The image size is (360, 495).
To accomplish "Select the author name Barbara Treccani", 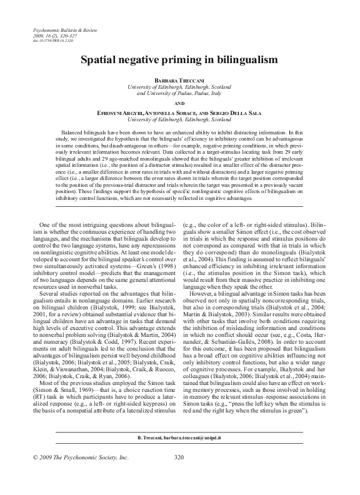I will pyautogui.click(x=180, y=81).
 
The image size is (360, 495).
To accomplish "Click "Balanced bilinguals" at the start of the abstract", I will pyautogui.click(x=84, y=132).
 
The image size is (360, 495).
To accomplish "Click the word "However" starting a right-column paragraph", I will pyautogui.click(x=204, y=292).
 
